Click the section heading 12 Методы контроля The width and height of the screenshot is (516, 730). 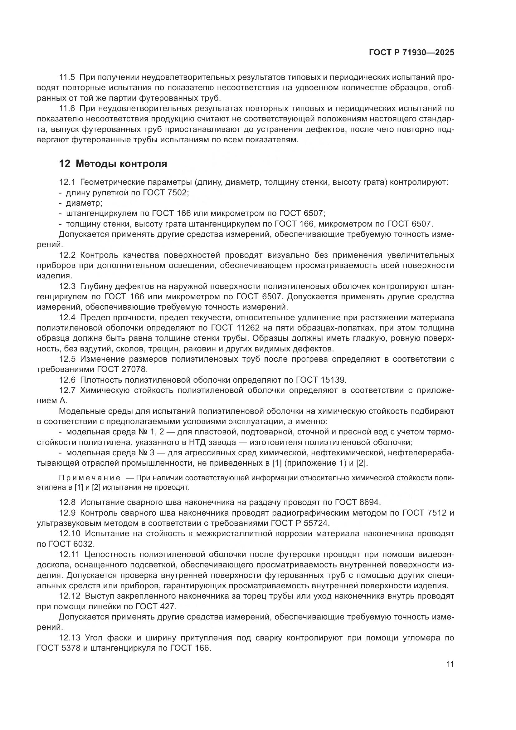[113, 164]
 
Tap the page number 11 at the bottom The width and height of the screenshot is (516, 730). [450, 664]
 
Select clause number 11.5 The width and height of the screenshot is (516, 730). [67, 77]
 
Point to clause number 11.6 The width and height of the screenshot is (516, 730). [67, 108]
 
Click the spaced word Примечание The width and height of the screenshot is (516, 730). [90, 478]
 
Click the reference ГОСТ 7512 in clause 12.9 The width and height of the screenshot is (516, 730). [425, 512]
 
